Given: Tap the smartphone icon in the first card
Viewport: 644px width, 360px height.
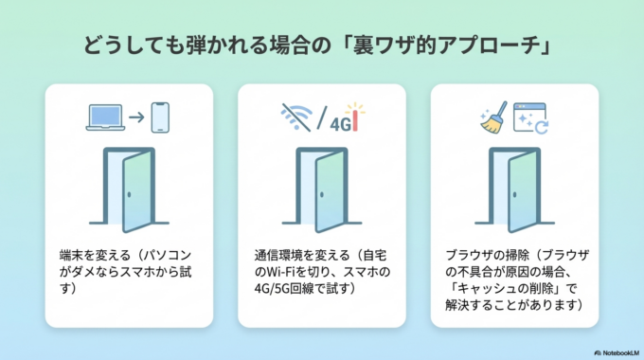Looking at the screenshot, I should pyautogui.click(x=163, y=117).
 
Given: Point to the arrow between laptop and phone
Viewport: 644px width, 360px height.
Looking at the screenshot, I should pyautogui.click(x=134, y=117).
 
